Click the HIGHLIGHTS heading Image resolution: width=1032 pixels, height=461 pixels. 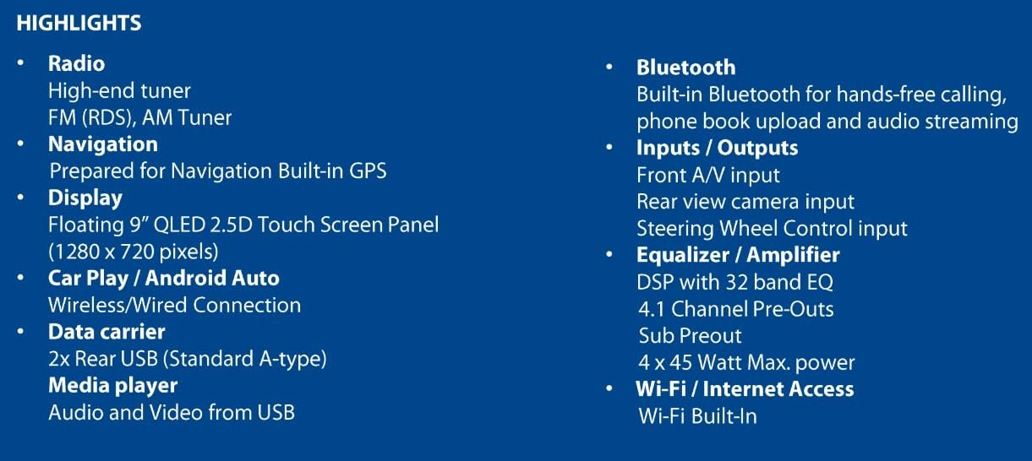tap(79, 24)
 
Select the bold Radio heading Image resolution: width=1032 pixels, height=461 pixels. tap(76, 63)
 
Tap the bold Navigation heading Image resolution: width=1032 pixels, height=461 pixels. tap(102, 144)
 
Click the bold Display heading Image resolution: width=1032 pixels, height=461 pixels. tap(85, 198)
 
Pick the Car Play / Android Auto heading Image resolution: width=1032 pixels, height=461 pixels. tap(163, 278)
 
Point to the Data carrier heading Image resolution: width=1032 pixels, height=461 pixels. tap(106, 332)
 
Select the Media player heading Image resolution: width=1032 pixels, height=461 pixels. tap(112, 386)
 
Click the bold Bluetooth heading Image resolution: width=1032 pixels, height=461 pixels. tap(685, 68)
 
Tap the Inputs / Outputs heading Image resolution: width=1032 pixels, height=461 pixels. tap(717, 149)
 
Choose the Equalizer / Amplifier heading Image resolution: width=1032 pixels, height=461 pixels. tap(738, 255)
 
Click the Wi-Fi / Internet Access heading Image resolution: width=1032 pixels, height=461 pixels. tap(745, 389)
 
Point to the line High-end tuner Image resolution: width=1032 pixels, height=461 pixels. tap(119, 90)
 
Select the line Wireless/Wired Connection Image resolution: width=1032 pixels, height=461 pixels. tap(174, 305)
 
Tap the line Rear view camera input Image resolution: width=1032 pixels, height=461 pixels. tap(745, 202)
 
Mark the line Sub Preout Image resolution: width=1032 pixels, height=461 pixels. tap(690, 335)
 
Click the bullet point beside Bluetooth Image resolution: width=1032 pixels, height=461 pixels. tap(609, 68)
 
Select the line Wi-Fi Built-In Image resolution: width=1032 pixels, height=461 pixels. tap(697, 416)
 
